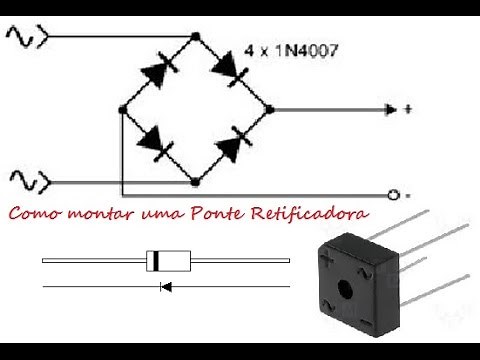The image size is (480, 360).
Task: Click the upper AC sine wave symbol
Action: coord(20,36)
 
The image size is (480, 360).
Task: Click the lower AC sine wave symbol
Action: coord(23,182)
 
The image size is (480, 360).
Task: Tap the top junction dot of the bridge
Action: coord(196,36)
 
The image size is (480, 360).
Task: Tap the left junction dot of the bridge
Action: coord(123,109)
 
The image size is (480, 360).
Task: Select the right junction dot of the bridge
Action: coord(269,109)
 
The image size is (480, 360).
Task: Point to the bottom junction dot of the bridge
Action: coord(195,182)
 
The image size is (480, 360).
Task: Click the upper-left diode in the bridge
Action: coord(159,70)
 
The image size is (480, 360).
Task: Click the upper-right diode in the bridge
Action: coord(230,69)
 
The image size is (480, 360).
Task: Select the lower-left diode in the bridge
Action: coord(155,143)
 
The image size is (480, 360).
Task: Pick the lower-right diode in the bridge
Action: coord(234,144)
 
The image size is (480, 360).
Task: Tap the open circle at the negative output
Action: coord(393,195)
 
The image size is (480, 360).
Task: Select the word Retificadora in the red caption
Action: coord(310,213)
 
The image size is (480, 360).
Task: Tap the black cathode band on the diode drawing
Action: coord(155,261)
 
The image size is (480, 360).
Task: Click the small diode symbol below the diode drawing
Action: coord(166,286)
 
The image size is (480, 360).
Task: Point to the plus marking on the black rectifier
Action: coord(326,258)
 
